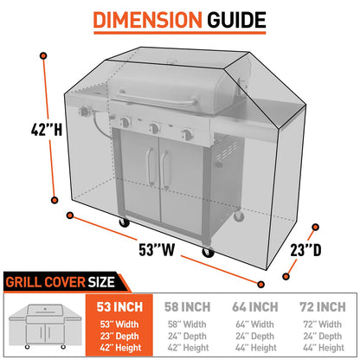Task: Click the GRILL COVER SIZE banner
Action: click(61, 280)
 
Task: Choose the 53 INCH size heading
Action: click(120, 305)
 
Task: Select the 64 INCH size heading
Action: click(255, 305)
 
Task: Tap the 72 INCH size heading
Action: click(321, 305)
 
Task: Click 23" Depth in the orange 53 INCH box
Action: click(120, 335)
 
